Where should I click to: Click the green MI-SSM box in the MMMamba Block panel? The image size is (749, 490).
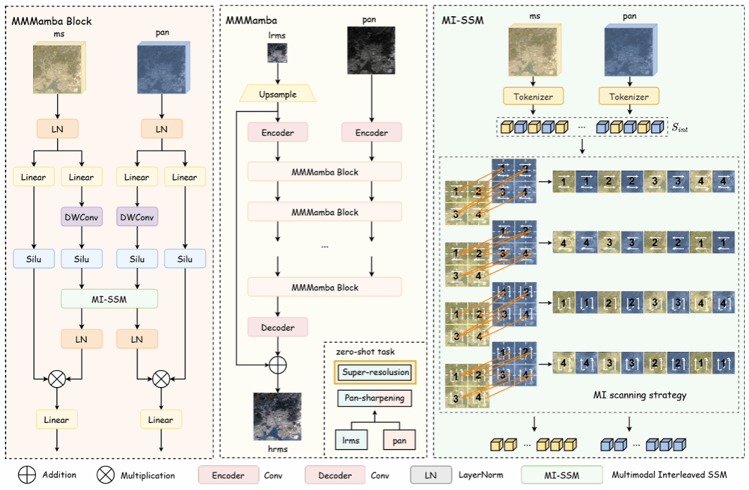109,298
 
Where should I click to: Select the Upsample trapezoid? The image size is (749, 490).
277,94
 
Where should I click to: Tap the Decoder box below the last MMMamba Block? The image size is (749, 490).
277,326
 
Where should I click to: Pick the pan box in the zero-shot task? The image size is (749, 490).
398,440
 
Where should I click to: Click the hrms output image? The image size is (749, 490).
277,417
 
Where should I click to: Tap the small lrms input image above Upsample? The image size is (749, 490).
276,54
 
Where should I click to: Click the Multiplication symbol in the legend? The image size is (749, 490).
106,474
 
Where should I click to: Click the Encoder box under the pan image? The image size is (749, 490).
371,133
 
